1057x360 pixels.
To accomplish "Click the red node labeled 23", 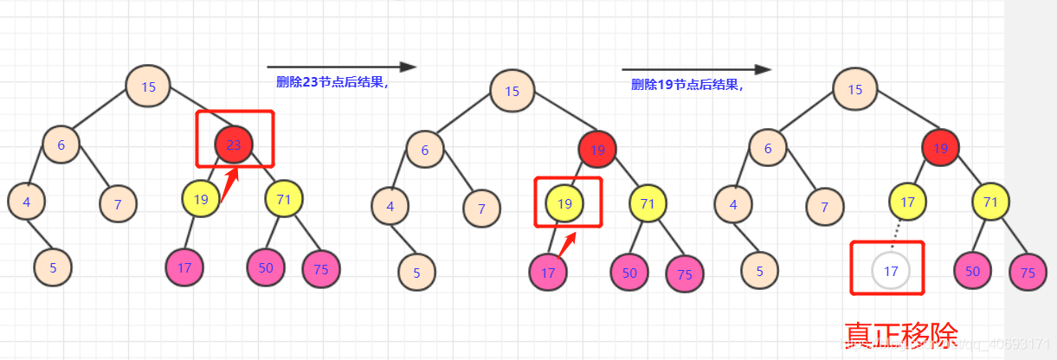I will (x=234, y=145).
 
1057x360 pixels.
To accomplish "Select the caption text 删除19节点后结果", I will (x=687, y=85).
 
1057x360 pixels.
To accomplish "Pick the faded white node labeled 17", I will (x=891, y=271).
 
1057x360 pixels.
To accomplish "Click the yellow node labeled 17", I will (x=908, y=201).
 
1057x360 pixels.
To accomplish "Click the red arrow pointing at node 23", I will (x=229, y=184).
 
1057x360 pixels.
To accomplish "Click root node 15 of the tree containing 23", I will (x=148, y=86).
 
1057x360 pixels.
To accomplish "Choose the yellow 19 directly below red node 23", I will (x=201, y=199).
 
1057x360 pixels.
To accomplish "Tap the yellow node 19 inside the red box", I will (x=565, y=203).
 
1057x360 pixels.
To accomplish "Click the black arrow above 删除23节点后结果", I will (x=341, y=67).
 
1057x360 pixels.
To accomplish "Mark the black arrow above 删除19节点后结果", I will (x=696, y=69).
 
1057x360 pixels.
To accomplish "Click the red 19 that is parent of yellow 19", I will (x=597, y=150).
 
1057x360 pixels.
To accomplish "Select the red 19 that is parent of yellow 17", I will (x=941, y=149).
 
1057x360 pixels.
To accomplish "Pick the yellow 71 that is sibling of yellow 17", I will (x=991, y=201).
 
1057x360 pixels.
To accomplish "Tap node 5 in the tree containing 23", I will (x=54, y=267).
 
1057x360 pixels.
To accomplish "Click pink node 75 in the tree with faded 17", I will (x=1028, y=273).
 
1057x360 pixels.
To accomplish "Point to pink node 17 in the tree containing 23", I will (x=184, y=267).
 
